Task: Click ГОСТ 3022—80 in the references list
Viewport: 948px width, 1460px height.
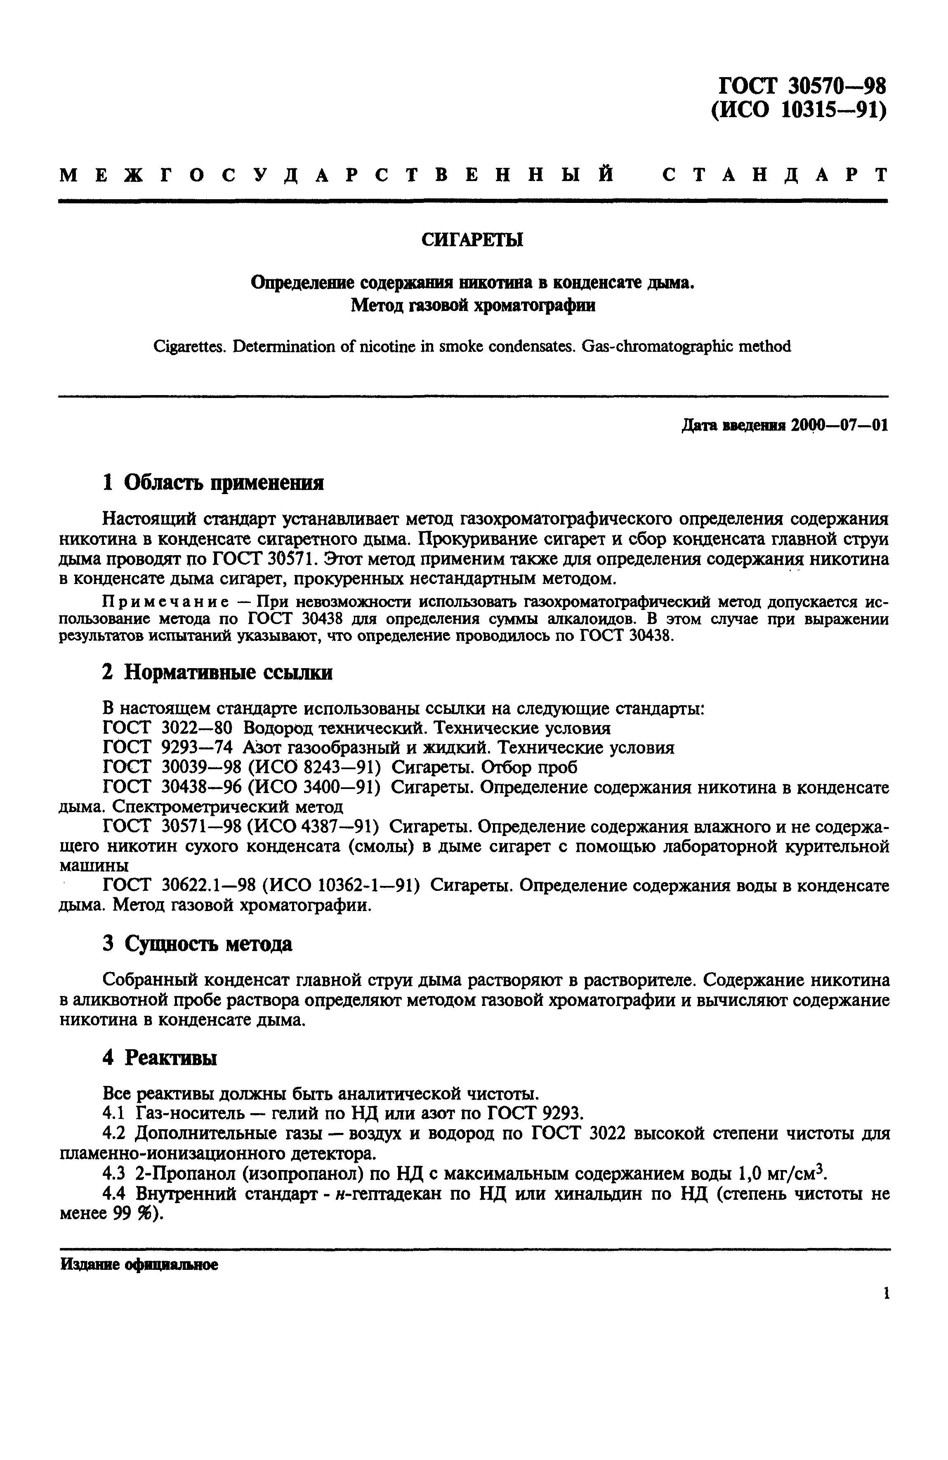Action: [167, 728]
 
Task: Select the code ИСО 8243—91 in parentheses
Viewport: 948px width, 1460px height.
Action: [316, 768]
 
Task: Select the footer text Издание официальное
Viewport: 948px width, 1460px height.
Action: [139, 1265]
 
